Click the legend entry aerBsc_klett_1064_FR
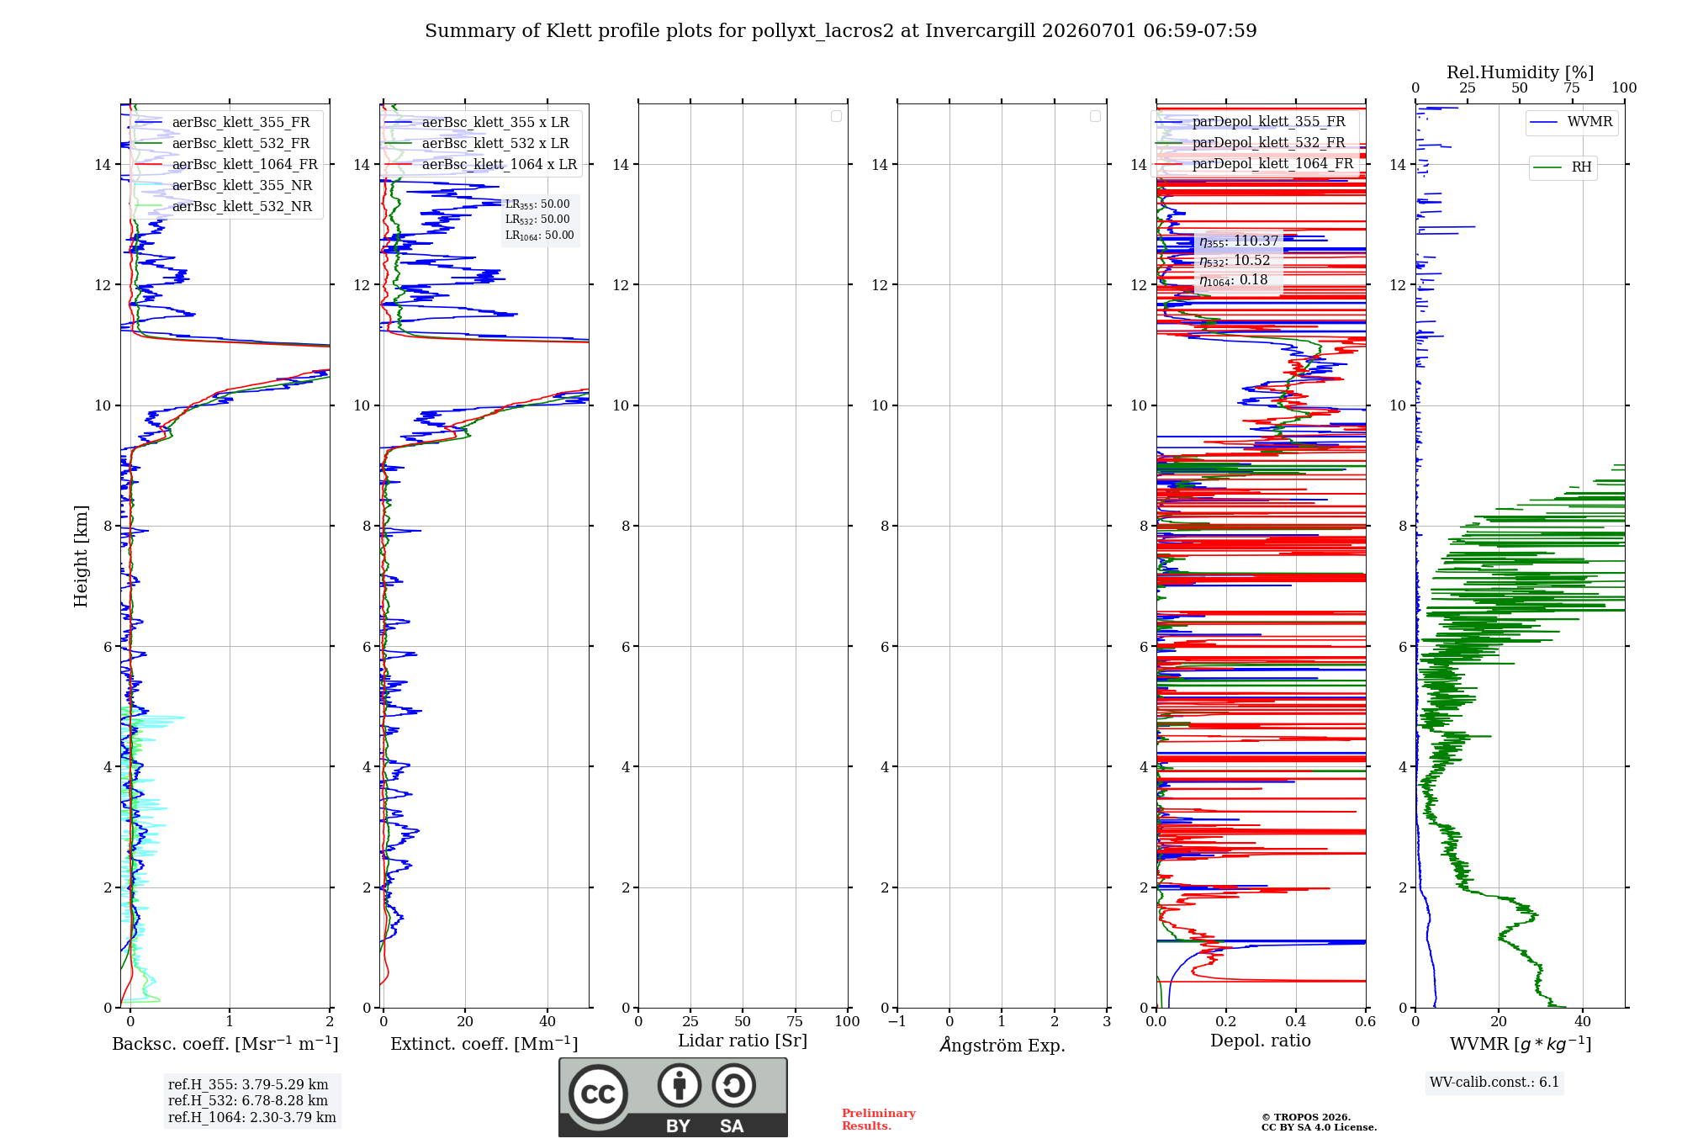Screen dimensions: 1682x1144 tap(225, 165)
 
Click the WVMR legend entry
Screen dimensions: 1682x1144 tap(1571, 122)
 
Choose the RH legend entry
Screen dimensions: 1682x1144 tap(1563, 167)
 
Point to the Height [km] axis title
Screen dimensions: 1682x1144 tap(81, 556)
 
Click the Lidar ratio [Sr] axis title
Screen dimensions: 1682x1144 tap(743, 1041)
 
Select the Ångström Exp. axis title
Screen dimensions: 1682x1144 tap(1002, 1045)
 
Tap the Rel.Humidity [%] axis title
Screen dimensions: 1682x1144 tap(1520, 72)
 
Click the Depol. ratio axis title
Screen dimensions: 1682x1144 tap(1261, 1041)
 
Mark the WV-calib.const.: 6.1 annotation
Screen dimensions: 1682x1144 tap(1494, 1083)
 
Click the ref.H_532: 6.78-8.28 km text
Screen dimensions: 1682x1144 tap(248, 1101)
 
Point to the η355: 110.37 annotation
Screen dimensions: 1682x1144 tap(1239, 241)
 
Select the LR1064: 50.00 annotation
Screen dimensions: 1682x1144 tap(539, 236)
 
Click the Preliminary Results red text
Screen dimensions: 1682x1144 tap(879, 1120)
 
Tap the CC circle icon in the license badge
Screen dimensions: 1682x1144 tap(598, 1094)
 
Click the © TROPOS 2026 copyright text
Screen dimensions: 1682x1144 tap(1305, 1117)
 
